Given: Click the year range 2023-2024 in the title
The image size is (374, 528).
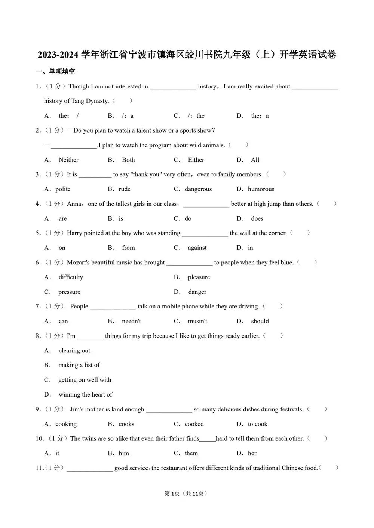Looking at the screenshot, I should coord(58,55).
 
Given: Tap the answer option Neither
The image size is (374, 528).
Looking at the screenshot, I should coord(68,160).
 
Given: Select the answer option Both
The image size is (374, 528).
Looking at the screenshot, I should coord(128,160).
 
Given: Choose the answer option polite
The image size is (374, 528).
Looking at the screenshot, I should coord(63,189).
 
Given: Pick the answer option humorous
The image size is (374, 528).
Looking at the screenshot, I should coord(261,189).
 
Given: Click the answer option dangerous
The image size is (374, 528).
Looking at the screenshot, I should coord(198,189).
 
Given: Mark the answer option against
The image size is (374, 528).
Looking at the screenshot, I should coord(197,248).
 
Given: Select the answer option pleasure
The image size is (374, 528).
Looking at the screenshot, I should coord(199,277).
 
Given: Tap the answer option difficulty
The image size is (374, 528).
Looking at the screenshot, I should coord(71,277).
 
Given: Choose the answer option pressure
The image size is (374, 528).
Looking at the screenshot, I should coord(69,292).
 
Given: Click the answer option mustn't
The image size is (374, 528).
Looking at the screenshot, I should coord(197,321).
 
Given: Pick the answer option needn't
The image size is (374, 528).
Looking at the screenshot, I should coord(131,321).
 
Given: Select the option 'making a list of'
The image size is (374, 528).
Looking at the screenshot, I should coord(79,365).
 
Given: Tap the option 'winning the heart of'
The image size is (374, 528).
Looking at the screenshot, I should coord(85,394).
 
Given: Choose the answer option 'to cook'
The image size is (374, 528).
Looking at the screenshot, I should coord(257,424).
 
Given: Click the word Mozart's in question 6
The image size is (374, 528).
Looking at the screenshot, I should coord(78,263).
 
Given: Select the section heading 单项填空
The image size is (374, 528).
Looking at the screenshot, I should coord(62,71).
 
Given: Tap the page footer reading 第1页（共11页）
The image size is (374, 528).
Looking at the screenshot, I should coord(186,493).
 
